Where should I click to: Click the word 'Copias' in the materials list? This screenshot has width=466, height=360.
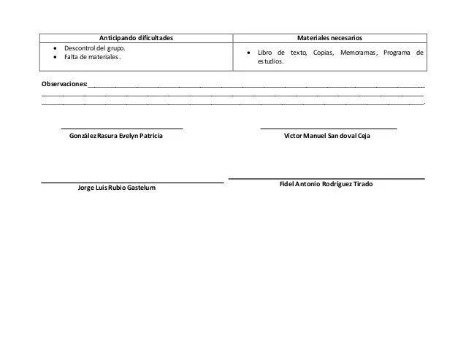[321, 54]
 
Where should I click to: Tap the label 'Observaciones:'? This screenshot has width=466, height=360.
[64, 85]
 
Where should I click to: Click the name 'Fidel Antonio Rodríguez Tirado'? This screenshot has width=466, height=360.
[326, 184]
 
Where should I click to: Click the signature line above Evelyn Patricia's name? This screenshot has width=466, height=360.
[121, 129]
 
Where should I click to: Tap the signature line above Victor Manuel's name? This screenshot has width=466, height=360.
[329, 129]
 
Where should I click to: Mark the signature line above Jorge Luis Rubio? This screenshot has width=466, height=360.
[131, 182]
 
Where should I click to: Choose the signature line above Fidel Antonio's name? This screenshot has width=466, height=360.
[326, 178]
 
